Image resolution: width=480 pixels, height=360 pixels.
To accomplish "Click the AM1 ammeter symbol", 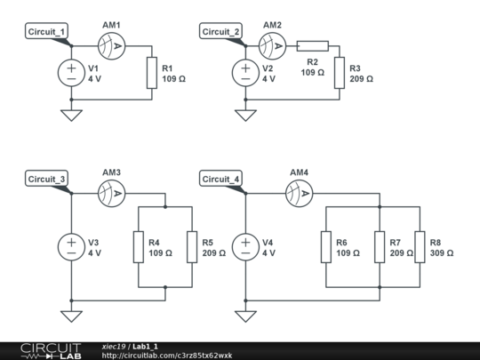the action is coord(112,46).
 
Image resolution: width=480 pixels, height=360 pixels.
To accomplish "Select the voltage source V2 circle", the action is coord(245,73).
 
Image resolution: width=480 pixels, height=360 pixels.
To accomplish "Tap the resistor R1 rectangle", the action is coord(152,73).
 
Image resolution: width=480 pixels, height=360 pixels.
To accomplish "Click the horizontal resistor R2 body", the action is coord(313,46).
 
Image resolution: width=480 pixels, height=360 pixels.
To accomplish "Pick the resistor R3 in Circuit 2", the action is coord(340,73).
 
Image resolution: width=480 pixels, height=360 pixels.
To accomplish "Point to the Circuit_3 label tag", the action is coord(46,179).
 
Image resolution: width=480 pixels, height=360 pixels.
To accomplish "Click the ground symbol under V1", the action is coord(71,116).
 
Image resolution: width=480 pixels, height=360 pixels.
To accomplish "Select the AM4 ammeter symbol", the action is coord(299,194).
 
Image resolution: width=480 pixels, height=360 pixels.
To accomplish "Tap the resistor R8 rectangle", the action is coord(420,247).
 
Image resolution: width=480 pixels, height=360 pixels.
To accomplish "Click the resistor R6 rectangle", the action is coord(326,247).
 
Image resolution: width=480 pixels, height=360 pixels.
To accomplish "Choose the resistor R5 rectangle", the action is coord(192,247).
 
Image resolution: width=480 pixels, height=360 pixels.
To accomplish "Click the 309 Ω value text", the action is coord(442,253).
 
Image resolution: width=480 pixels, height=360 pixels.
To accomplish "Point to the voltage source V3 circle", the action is coord(71,247).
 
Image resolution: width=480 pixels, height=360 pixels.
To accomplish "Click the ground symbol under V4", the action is coord(245,316).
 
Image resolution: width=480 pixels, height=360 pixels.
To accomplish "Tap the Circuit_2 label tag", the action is coord(220,31).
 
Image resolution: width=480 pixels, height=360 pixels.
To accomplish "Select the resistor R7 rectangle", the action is coord(380,247).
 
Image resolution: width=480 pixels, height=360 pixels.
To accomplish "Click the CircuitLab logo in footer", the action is coord(52,351).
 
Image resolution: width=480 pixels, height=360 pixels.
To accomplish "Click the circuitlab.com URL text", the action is coord(167,356).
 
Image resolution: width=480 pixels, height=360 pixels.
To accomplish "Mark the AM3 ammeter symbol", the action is coord(112,194).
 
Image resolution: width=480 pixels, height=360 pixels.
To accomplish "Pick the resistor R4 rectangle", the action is coord(139,247).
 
